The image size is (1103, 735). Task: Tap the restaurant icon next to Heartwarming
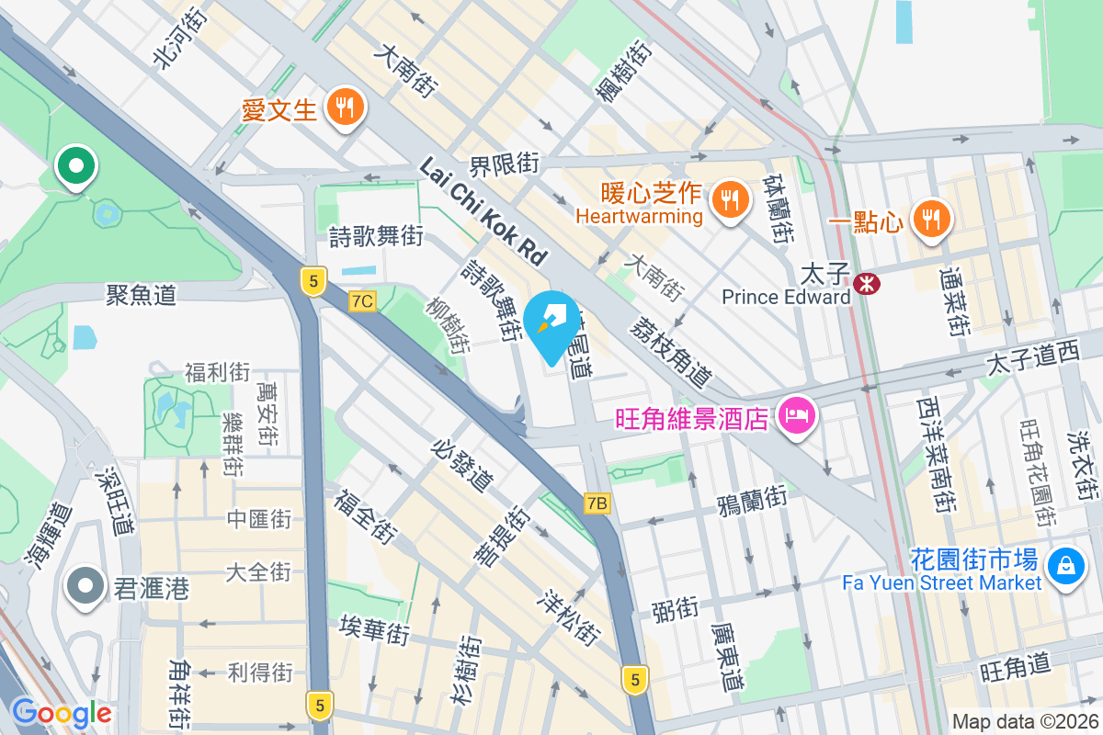coord(731,197)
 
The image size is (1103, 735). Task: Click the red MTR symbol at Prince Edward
coord(865,284)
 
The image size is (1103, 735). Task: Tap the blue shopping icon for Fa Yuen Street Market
coord(1064,561)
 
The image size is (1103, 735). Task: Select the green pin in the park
coord(76,166)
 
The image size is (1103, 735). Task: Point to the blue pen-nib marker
coord(552,324)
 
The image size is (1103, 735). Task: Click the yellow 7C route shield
coord(363,300)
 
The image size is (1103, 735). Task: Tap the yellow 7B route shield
coord(597,503)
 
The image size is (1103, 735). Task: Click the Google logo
coord(62,713)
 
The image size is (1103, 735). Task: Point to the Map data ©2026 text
coord(1024,721)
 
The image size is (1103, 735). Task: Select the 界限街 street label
coord(504,165)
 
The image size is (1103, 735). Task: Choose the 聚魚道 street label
coord(141,295)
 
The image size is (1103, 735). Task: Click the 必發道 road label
coord(462,465)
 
